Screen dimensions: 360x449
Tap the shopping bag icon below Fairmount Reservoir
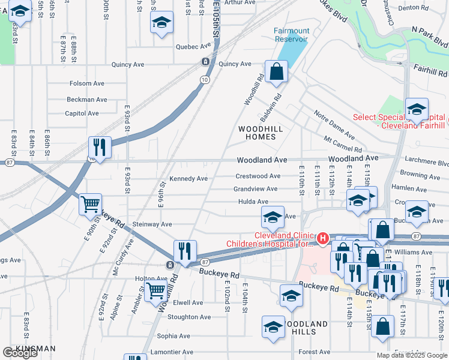276,73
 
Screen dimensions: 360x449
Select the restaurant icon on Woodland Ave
100,148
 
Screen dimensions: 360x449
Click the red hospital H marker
322,239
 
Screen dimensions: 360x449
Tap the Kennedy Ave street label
188,179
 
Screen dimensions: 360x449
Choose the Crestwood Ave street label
258,176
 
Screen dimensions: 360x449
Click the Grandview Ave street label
255,189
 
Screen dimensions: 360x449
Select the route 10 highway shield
205,79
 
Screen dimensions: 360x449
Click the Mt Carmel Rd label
343,145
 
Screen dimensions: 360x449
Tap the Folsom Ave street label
86,83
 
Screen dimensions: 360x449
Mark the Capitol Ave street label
82,113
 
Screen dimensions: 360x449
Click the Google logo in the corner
19,352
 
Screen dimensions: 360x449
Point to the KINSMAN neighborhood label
35,349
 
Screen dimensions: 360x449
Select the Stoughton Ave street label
189,317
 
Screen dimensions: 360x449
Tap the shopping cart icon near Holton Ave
156,291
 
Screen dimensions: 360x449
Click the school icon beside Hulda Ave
272,217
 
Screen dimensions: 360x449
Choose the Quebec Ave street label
194,46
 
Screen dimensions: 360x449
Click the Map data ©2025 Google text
411,355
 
